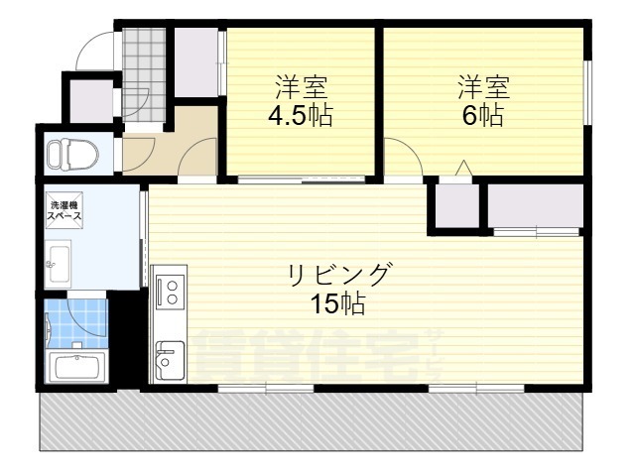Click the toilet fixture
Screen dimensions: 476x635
pos(71,155)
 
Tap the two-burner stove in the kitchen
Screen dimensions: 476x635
pos(168,292)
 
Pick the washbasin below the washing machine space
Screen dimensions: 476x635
pos(57,263)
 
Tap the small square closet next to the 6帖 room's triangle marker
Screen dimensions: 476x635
pos(453,206)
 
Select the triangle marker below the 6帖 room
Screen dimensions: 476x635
pos(462,169)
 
